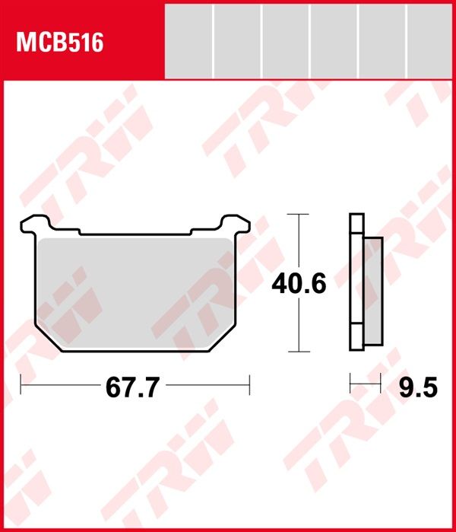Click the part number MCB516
tap(59, 43)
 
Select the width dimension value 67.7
tap(132, 387)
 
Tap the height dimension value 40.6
tap(299, 284)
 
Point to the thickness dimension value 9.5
tap(418, 387)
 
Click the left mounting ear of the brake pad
tap(35, 224)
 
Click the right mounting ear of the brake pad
tap(236, 224)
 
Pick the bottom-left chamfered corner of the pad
tap(48, 338)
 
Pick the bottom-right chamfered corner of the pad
tap(222, 338)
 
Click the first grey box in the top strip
tap(188, 41)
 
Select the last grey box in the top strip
tap(429, 41)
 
